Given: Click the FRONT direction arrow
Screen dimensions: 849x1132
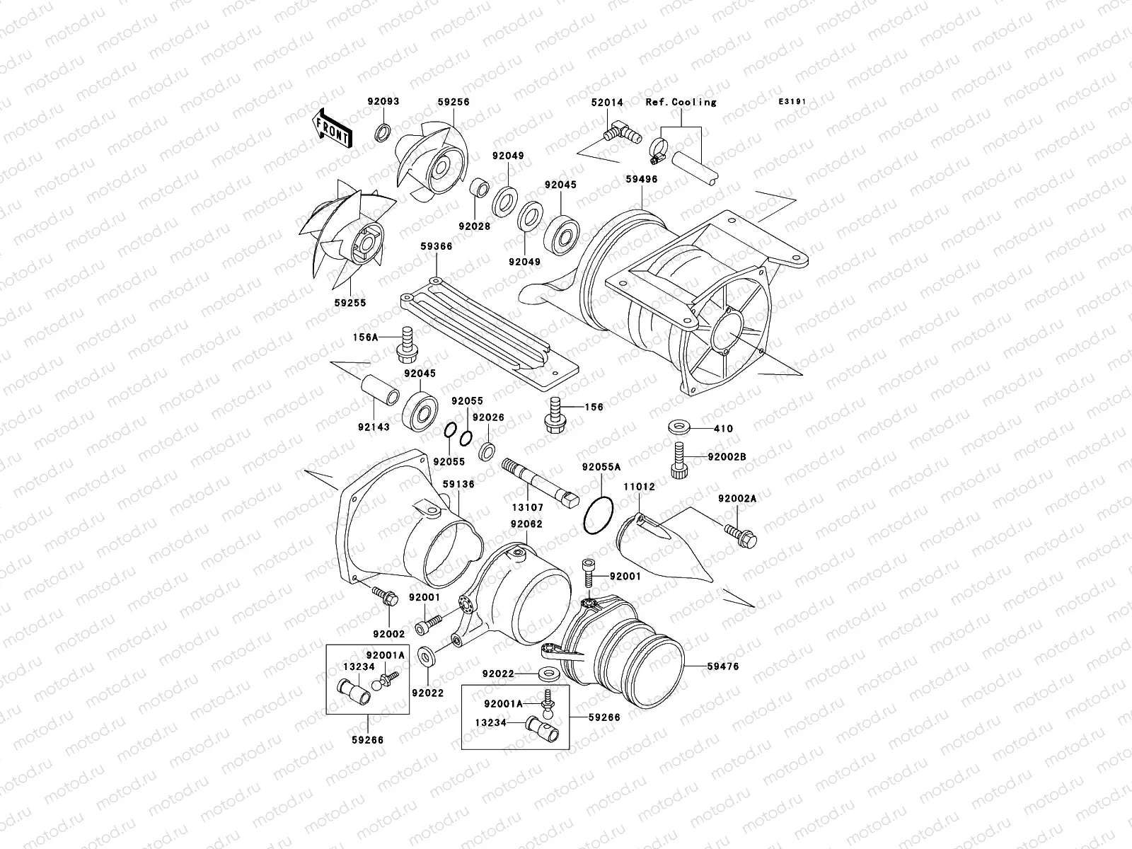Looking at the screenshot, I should click(x=333, y=128).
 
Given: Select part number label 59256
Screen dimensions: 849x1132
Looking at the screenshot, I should click(x=453, y=102).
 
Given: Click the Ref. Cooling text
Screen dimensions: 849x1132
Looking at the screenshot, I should click(x=681, y=102).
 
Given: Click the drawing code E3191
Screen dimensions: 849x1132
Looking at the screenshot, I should click(x=793, y=102).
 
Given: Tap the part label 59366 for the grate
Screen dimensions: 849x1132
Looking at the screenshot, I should click(x=437, y=246).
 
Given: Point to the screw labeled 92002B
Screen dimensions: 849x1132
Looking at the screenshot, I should click(x=677, y=459).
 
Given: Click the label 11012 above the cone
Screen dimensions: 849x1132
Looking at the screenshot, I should click(x=638, y=487).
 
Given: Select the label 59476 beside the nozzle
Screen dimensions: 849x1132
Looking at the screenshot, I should click(x=722, y=666).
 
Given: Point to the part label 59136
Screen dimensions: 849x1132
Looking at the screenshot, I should click(x=458, y=484).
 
